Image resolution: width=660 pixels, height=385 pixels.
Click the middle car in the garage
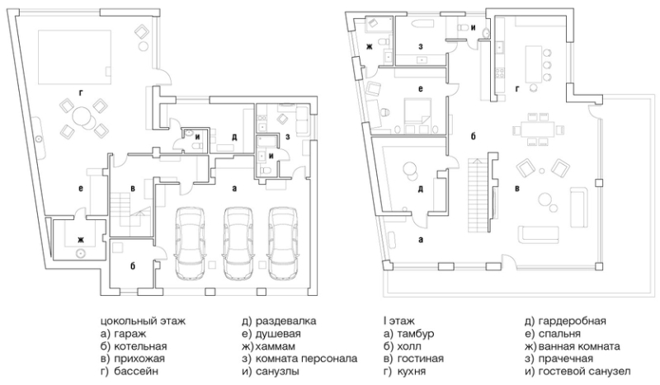click(x=239, y=244)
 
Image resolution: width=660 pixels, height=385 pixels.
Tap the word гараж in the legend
click(x=130, y=334)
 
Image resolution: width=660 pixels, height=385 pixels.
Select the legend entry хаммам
click(x=275, y=347)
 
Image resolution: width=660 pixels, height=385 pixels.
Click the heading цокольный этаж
click(x=143, y=322)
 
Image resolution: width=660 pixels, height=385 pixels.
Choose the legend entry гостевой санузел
click(x=584, y=372)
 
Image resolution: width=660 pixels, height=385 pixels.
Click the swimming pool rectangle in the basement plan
click(x=75, y=56)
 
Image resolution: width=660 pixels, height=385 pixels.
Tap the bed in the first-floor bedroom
click(x=417, y=111)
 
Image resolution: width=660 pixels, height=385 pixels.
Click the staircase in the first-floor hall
click(x=478, y=195)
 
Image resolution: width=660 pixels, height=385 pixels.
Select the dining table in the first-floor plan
click(x=535, y=129)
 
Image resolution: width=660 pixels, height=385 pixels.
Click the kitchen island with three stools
click(x=532, y=64)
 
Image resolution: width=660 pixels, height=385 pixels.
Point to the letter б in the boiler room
click(x=133, y=266)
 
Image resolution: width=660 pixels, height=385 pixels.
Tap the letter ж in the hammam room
click(x=80, y=240)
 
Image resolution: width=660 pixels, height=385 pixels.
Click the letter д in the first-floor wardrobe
click(x=421, y=190)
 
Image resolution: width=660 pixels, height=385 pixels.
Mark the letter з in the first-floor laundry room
click(x=421, y=47)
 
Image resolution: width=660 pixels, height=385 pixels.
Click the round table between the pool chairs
click(x=80, y=115)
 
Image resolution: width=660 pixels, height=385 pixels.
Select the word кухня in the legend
click(x=411, y=372)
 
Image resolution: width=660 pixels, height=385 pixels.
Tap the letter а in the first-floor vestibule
click(x=421, y=240)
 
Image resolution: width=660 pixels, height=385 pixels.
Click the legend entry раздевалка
click(x=285, y=322)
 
